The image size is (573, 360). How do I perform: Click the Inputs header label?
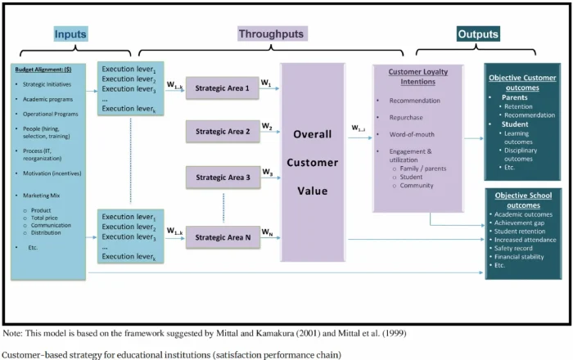tap(70, 34)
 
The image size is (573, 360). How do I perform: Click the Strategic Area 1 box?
tap(222, 88)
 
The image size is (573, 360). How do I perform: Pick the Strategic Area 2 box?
tap(222, 130)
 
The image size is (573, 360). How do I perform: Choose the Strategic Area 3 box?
tap(222, 177)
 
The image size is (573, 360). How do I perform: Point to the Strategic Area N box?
tap(222, 237)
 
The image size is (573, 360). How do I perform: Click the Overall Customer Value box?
tap(312, 163)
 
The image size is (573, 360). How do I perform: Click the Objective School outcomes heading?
tap(523, 200)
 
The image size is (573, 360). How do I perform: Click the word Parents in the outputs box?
tap(516, 96)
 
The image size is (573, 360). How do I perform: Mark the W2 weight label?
tap(267, 126)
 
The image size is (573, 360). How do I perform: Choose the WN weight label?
tap(268, 233)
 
